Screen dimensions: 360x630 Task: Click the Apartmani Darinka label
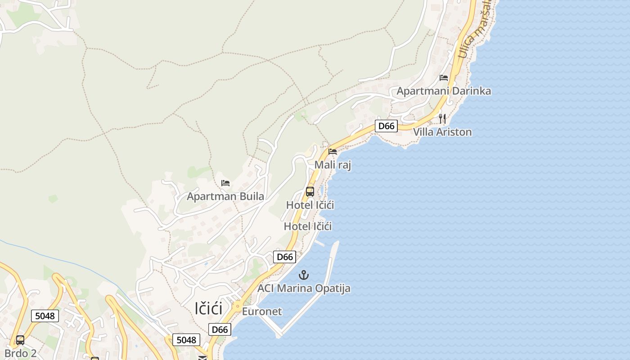click(443, 91)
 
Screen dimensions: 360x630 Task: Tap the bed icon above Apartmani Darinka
click(444, 78)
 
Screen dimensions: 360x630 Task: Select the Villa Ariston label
click(442, 132)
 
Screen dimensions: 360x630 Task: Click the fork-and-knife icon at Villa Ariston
click(442, 119)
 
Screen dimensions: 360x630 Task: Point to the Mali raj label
click(332, 165)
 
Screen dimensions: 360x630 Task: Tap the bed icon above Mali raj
click(333, 152)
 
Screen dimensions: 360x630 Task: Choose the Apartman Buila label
click(225, 196)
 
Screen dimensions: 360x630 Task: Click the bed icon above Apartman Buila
click(225, 183)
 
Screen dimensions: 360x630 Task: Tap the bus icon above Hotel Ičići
click(310, 192)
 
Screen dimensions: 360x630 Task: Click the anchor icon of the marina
click(304, 274)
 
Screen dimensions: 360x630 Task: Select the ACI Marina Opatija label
click(304, 288)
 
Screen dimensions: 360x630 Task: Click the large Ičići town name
click(209, 309)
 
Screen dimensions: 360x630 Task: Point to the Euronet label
click(262, 311)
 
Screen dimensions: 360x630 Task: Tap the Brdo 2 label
click(20, 353)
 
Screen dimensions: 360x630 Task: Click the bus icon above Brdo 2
click(20, 340)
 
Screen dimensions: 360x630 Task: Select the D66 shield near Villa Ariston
click(386, 126)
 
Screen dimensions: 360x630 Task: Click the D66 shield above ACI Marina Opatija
click(285, 257)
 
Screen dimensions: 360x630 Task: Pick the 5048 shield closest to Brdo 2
click(45, 316)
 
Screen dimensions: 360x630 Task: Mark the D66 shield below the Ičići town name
click(220, 329)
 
